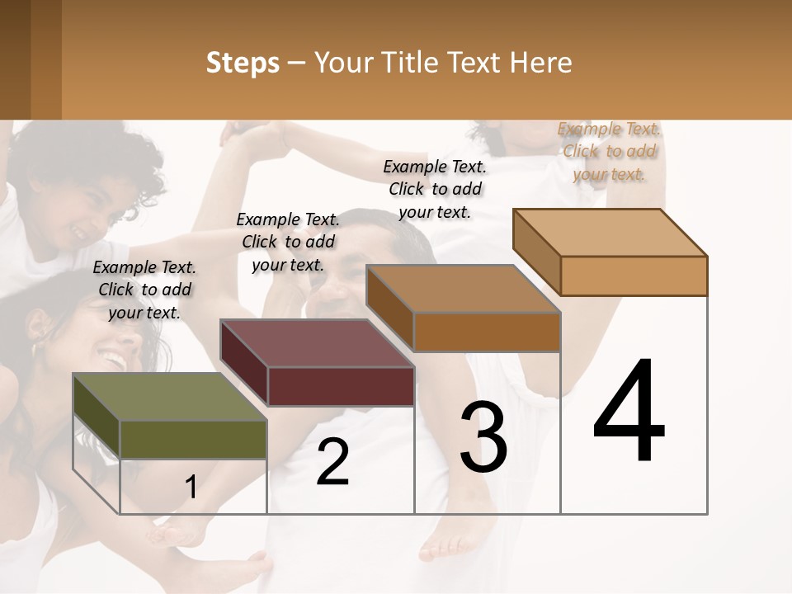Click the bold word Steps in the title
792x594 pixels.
(x=243, y=63)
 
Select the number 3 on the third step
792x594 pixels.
(x=483, y=436)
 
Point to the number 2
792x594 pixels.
(x=332, y=462)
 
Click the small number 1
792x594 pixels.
(x=191, y=488)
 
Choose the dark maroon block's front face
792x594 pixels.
(x=341, y=386)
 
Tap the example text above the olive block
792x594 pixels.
(x=144, y=290)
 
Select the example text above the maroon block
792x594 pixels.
(x=288, y=242)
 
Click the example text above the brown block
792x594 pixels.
(x=435, y=189)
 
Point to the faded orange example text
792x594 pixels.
(x=609, y=151)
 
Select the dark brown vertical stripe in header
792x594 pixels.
(x=46, y=59)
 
